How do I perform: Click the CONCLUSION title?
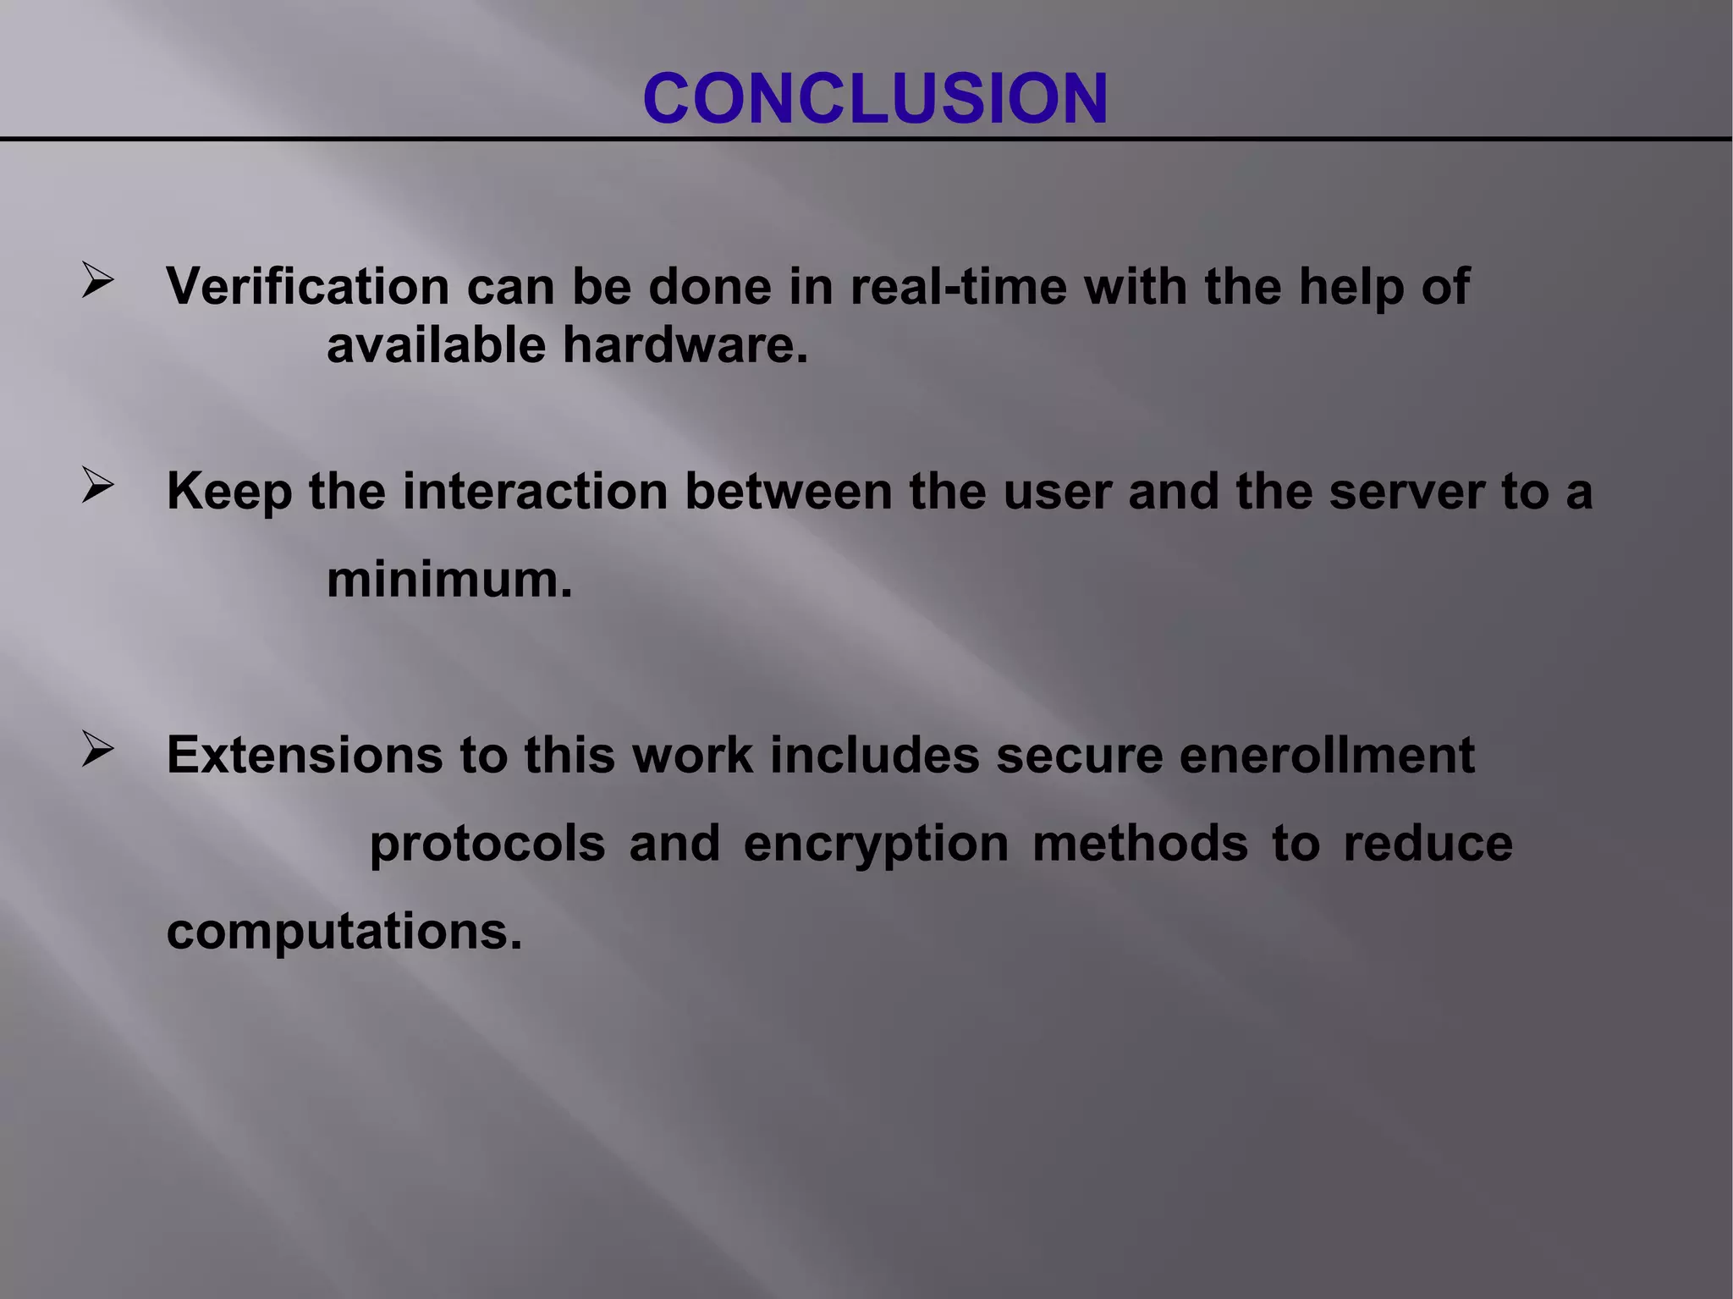click(x=875, y=99)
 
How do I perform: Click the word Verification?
click(x=308, y=286)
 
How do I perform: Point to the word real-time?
click(x=958, y=286)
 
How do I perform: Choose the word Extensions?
click(x=305, y=755)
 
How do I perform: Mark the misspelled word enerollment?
click(x=1326, y=755)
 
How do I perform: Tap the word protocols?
click(x=487, y=844)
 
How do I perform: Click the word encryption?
click(x=876, y=845)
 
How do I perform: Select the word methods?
click(x=1140, y=844)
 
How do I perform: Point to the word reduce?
click(x=1428, y=844)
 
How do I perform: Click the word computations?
click(x=344, y=933)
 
